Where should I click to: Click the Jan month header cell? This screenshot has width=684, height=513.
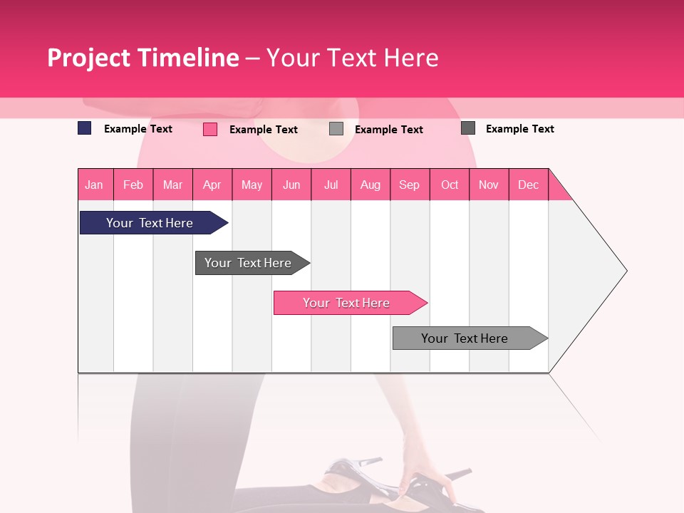[95, 185]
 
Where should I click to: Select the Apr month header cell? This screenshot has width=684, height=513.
[212, 185]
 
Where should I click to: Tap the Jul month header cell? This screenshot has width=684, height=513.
[331, 185]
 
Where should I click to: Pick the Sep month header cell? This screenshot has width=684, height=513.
[410, 185]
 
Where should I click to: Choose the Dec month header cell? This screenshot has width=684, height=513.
[528, 185]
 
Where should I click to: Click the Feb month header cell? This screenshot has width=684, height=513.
[133, 185]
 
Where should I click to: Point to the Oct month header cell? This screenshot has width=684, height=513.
[450, 185]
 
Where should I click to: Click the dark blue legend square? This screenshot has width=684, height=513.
[84, 128]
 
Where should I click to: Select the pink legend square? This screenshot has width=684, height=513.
[210, 129]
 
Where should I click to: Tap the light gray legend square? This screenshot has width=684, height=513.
[336, 129]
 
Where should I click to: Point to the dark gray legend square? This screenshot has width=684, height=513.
[468, 128]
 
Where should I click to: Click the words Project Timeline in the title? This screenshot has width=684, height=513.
[142, 58]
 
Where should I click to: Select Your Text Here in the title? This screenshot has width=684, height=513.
[353, 58]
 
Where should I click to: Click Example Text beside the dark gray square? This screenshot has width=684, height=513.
[519, 129]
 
